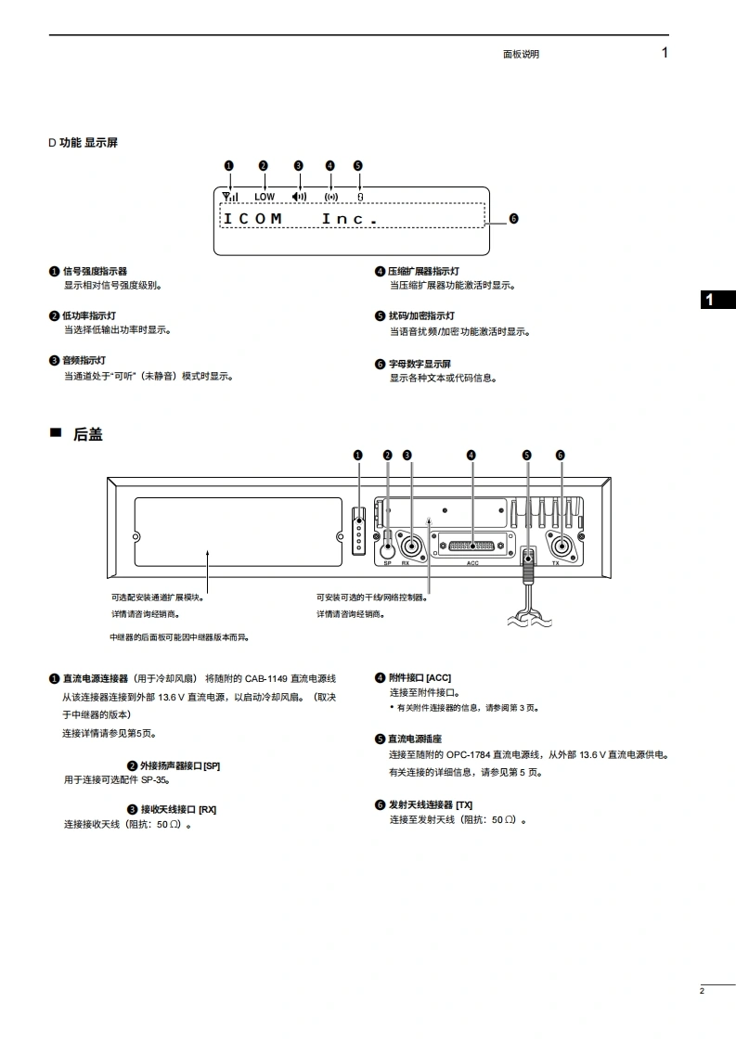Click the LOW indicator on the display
point(265,197)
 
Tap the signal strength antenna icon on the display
point(229,196)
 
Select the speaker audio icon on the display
point(299,196)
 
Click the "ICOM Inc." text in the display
point(301,219)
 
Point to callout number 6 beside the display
point(513,219)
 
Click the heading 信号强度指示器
point(95,271)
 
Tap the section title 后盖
point(87,434)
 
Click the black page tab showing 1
point(716,299)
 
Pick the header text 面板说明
point(521,54)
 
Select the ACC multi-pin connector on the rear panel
point(471,546)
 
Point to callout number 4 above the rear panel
point(471,455)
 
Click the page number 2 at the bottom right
point(703,992)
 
